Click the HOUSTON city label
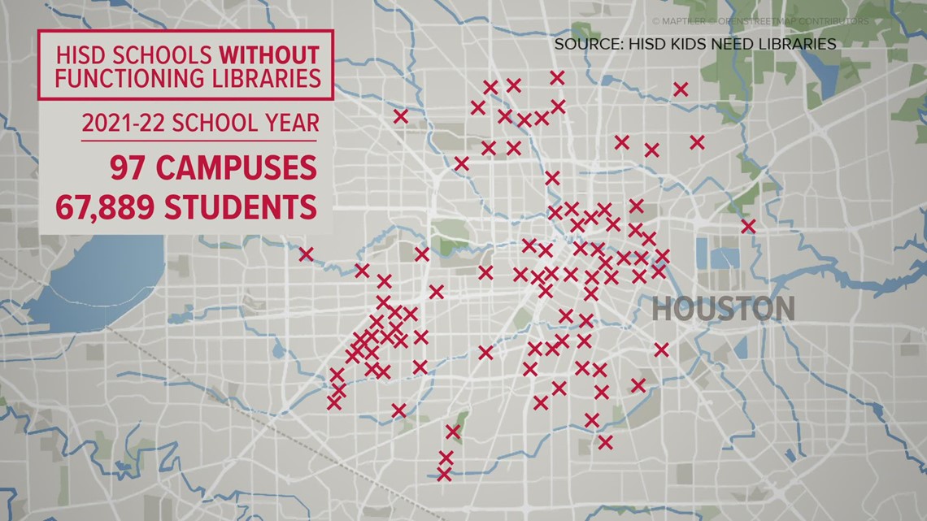723,309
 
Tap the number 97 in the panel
130,167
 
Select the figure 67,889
105,206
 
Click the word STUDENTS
240,206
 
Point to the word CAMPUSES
235,167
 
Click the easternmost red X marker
748,226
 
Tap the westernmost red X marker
306,254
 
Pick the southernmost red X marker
444,473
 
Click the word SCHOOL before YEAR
225,124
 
